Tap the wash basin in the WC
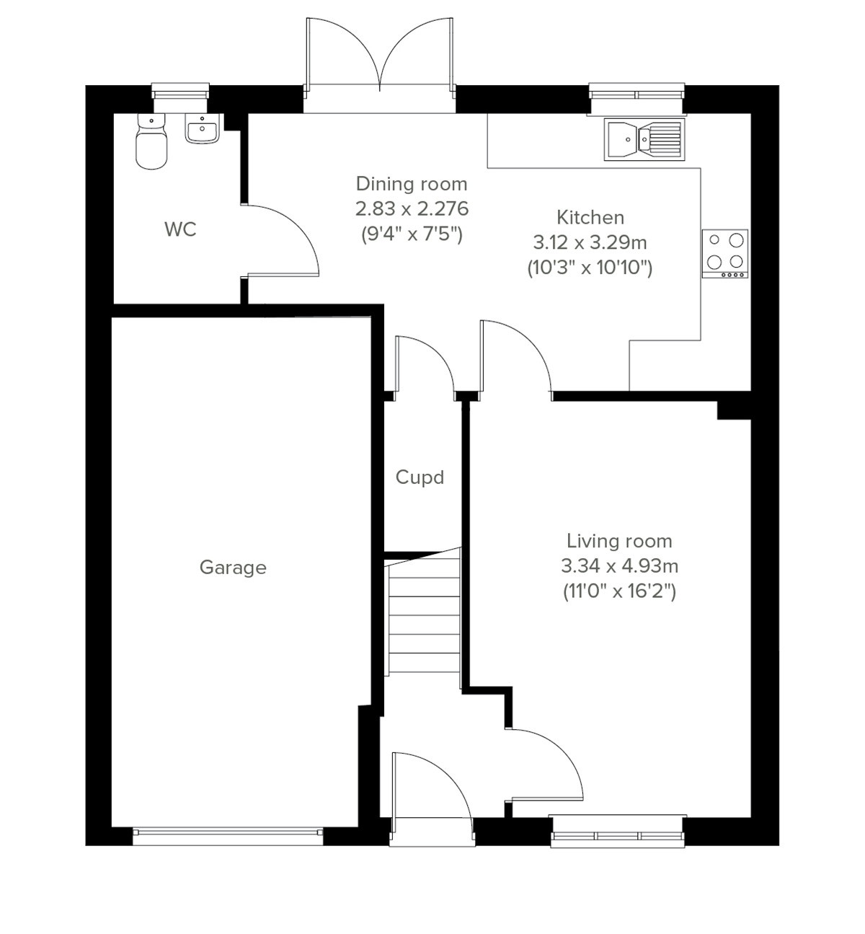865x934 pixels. click(x=202, y=130)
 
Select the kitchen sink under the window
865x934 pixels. click(x=644, y=138)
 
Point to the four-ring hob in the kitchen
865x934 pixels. click(x=725, y=253)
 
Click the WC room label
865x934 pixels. click(x=180, y=229)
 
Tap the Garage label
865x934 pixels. click(x=232, y=568)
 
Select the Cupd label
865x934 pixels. click(x=420, y=477)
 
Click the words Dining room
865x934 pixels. click(x=412, y=184)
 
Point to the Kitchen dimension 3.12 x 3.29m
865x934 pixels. click(x=590, y=242)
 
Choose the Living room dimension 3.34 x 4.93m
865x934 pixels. click(x=619, y=566)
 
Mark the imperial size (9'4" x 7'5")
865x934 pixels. click(x=412, y=234)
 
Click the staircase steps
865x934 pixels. click(x=424, y=613)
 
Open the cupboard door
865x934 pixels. click(x=425, y=364)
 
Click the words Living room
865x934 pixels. click(x=619, y=541)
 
